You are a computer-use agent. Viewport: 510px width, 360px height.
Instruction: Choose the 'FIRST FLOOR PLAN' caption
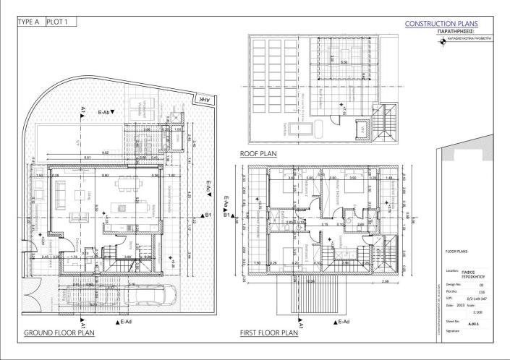click(x=268, y=333)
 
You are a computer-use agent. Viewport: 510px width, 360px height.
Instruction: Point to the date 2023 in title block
click(x=468, y=306)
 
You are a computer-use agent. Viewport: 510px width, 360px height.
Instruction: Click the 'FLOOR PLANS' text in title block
click(x=457, y=252)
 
